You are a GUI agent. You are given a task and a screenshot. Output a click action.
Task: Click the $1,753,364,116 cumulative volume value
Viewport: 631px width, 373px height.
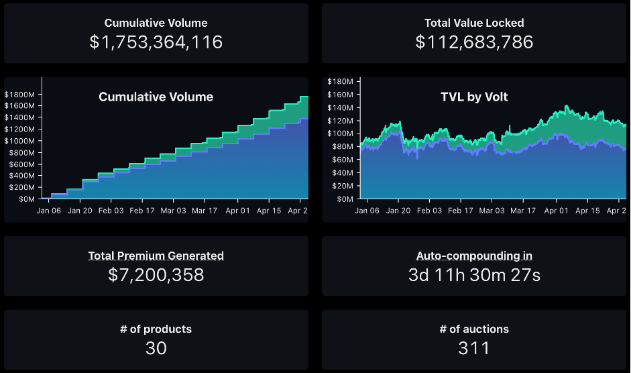156,42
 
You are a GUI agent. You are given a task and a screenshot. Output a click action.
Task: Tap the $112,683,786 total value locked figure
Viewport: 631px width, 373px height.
474,42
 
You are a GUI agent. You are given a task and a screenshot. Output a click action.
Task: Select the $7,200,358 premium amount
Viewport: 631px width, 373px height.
156,274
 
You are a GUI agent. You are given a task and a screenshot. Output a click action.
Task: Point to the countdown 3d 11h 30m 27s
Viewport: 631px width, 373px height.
474,274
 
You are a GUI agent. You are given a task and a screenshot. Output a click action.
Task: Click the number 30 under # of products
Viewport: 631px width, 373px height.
156,348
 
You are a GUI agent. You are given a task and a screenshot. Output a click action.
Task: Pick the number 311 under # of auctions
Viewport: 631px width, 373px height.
474,348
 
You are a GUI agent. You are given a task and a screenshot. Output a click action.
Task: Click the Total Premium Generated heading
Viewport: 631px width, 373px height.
156,256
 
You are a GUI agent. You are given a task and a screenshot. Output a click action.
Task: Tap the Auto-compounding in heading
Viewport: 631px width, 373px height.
474,256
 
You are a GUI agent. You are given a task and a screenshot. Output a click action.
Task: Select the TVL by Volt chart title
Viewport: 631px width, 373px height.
474,97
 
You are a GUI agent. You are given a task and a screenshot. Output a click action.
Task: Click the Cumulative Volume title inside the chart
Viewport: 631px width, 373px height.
156,97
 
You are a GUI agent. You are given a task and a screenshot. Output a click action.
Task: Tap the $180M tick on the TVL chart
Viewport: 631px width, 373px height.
340,81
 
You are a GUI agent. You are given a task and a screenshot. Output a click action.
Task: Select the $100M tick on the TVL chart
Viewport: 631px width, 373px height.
340,134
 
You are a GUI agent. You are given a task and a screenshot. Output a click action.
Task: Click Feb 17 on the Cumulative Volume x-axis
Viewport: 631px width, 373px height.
141,211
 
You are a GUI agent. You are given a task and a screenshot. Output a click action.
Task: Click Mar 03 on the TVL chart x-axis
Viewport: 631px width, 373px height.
492,211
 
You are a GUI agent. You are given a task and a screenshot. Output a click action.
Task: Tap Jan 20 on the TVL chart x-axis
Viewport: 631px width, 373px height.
397,211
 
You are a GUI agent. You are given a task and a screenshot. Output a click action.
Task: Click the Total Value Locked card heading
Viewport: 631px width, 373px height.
474,23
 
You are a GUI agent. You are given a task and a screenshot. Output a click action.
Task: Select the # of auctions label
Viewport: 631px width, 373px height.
474,329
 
